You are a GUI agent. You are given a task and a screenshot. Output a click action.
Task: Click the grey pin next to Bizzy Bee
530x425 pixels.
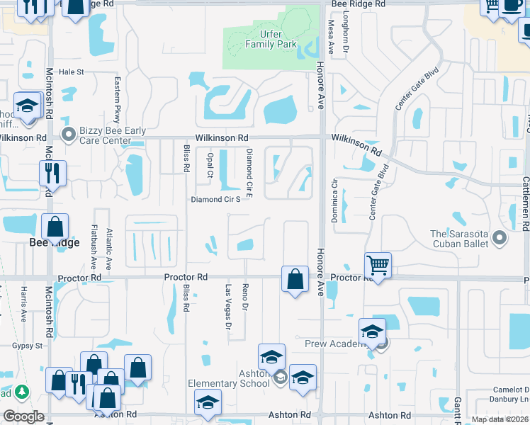69,134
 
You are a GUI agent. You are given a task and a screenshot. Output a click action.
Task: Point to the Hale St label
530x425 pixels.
71,72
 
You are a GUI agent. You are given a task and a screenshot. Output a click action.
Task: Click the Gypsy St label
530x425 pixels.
28,346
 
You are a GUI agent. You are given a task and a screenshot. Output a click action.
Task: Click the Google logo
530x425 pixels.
23,416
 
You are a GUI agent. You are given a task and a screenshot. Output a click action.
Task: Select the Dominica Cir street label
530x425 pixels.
334,201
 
